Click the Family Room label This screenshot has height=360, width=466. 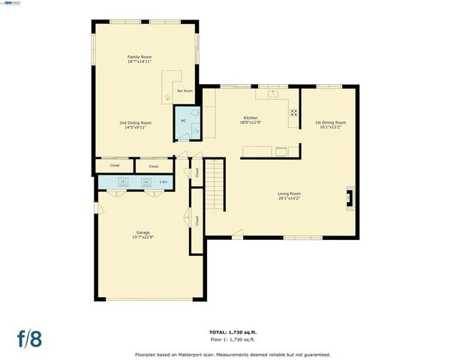pyautogui.click(x=136, y=57)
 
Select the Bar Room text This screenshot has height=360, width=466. pyautogui.click(x=185, y=91)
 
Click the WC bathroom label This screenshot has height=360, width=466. pyautogui.click(x=182, y=121)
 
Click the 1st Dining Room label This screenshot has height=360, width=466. pyautogui.click(x=329, y=122)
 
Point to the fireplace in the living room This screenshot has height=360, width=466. pyautogui.click(x=350, y=198)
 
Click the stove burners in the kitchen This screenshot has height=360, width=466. pyautogui.click(x=293, y=113)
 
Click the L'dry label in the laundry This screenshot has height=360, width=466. pyautogui.click(x=164, y=181)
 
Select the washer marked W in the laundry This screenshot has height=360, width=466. pyautogui.click(x=146, y=181)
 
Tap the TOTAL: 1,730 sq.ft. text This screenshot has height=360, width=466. pyautogui.click(x=232, y=331)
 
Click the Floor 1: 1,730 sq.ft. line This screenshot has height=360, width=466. pyautogui.click(x=232, y=339)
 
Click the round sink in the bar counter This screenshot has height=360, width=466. pyautogui.click(x=167, y=98)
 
